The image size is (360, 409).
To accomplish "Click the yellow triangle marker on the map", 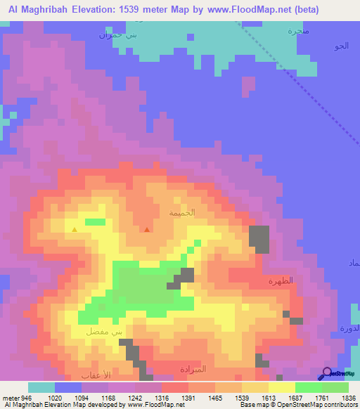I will [75, 229].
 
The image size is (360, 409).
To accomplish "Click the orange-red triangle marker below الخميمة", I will [146, 229].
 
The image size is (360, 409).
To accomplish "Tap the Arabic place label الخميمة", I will [182, 212].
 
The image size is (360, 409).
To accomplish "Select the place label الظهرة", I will [280, 281].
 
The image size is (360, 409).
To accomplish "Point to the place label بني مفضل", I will [98, 330].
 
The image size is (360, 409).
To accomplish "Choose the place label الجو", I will [341, 46].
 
